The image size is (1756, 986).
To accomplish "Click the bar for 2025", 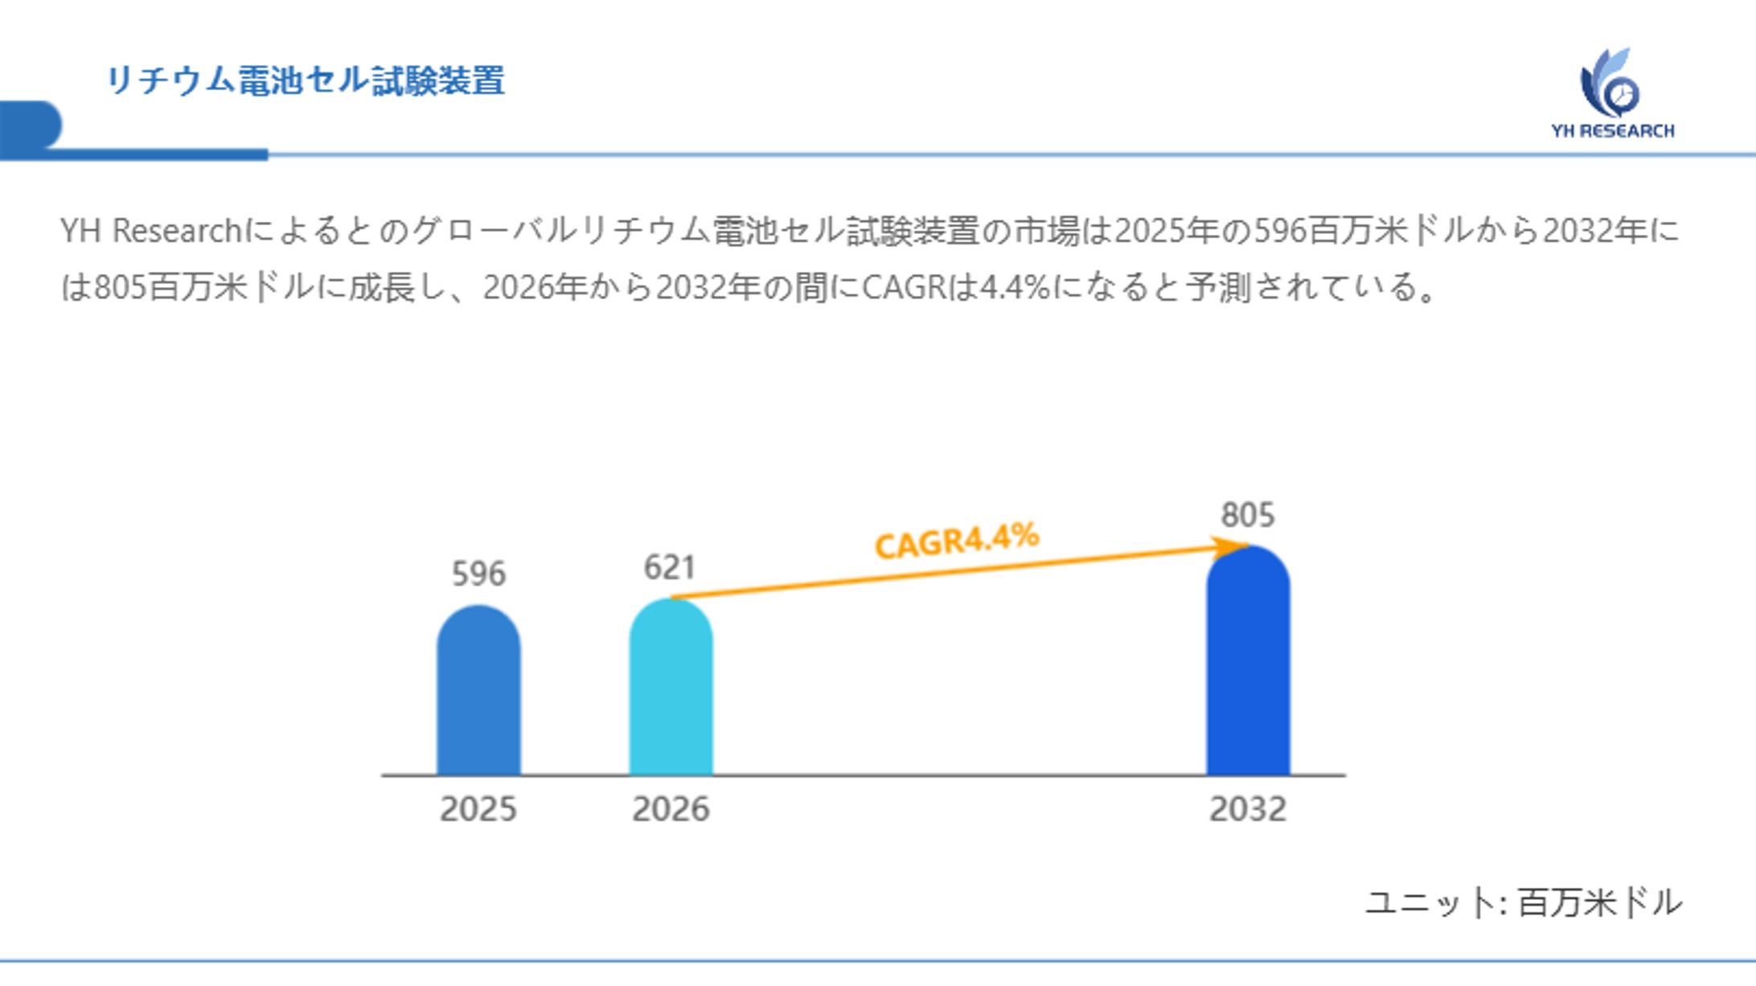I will [478, 692].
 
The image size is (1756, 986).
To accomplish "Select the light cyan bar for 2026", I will [671, 688].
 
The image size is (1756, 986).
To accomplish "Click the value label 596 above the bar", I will [478, 574].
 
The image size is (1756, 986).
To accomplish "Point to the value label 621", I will [669, 568].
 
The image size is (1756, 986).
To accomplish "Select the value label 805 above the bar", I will [1248, 515].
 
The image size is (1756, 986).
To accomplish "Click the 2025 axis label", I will [478, 809].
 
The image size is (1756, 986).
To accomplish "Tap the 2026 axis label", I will [671, 809].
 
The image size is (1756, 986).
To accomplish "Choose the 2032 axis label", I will [1248, 809].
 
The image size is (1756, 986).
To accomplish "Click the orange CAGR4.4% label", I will [957, 540].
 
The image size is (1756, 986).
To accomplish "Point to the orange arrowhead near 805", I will [1230, 548].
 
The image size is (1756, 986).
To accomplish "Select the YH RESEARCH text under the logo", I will [1613, 131].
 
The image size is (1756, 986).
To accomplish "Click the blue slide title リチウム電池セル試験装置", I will [306, 81].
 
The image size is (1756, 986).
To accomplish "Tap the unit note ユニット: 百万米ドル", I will [1524, 902].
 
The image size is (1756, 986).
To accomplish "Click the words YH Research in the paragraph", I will [151, 232].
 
